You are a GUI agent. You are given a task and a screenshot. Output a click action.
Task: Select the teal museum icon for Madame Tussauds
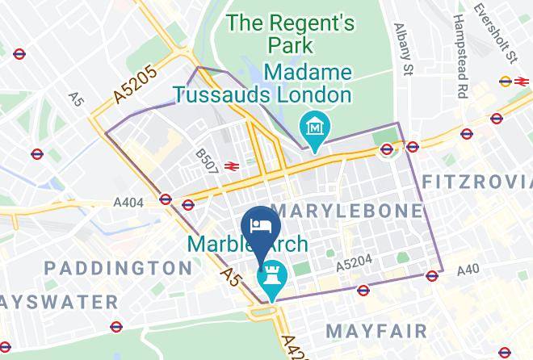(x=311, y=127)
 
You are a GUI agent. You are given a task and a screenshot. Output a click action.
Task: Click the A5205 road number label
(x=134, y=84)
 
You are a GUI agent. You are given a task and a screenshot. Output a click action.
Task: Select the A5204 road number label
(x=353, y=264)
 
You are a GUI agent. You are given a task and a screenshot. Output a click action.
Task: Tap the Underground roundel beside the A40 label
(x=433, y=275)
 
